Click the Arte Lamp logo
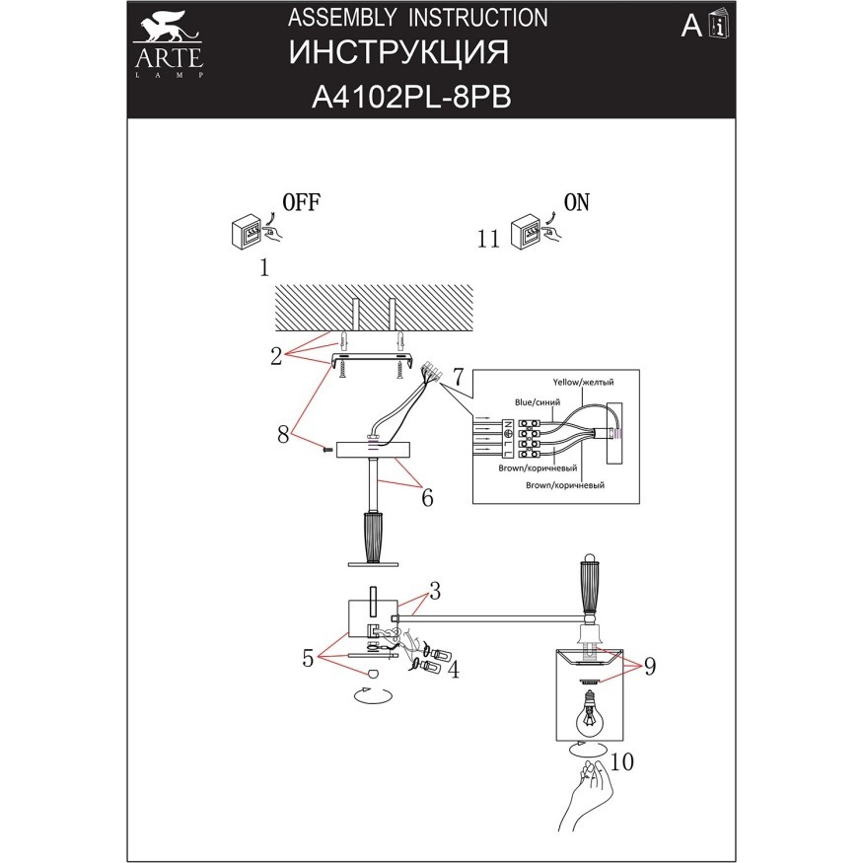click(168, 44)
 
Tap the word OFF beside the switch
click(302, 203)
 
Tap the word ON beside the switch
click(576, 203)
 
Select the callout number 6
click(427, 498)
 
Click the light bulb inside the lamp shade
click(589, 710)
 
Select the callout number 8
click(283, 433)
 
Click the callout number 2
click(278, 356)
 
